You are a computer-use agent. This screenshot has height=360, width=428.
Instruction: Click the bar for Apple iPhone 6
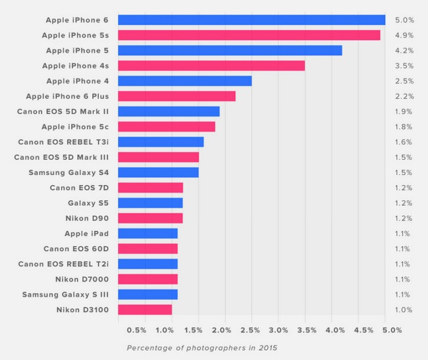coord(252,20)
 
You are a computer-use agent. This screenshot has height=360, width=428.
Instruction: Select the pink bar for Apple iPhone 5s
coord(249,35)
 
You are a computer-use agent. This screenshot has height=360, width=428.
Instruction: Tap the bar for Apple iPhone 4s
coord(211,65)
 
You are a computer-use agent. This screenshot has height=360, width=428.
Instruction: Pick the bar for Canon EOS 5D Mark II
coord(169,111)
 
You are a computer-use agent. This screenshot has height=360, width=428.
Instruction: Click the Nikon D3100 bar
coord(145,309)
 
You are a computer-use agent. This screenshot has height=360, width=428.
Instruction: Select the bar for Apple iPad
coord(147,233)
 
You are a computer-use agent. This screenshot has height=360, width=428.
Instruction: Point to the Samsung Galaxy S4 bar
coord(158,172)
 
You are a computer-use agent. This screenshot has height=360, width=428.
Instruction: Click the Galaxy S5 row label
coord(88,203)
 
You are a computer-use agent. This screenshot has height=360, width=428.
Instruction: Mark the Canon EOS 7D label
coord(80,188)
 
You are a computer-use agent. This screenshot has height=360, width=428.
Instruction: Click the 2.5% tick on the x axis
coord(251,329)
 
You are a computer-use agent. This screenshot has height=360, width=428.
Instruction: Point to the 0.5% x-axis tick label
coord(136,329)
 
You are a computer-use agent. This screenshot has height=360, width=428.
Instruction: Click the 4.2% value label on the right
coord(403,50)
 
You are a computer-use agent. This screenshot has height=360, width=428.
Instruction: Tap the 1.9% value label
coord(403,111)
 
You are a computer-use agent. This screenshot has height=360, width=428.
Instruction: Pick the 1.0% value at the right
coord(403,309)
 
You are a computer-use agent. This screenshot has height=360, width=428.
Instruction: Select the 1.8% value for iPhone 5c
coord(403,126)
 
